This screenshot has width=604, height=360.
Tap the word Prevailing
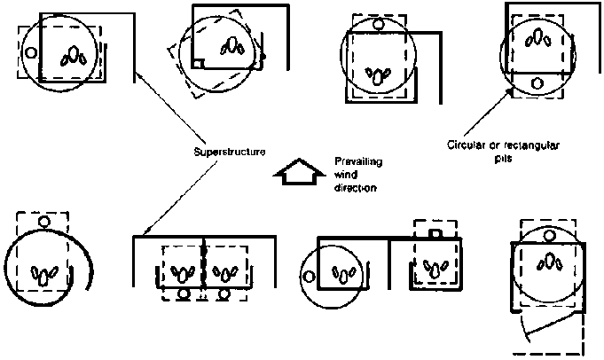point(356,160)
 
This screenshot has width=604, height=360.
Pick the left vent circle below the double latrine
point(184,293)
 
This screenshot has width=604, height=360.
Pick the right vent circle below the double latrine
point(225,293)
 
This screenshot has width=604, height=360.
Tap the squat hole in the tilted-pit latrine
point(232,44)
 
